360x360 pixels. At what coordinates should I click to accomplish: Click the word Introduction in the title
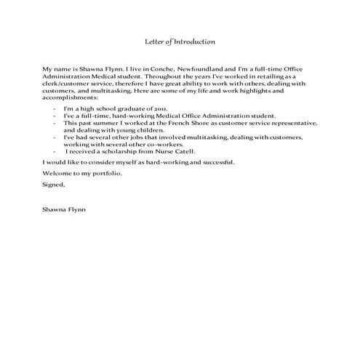194,41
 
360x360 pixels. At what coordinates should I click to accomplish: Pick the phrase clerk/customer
69,82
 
